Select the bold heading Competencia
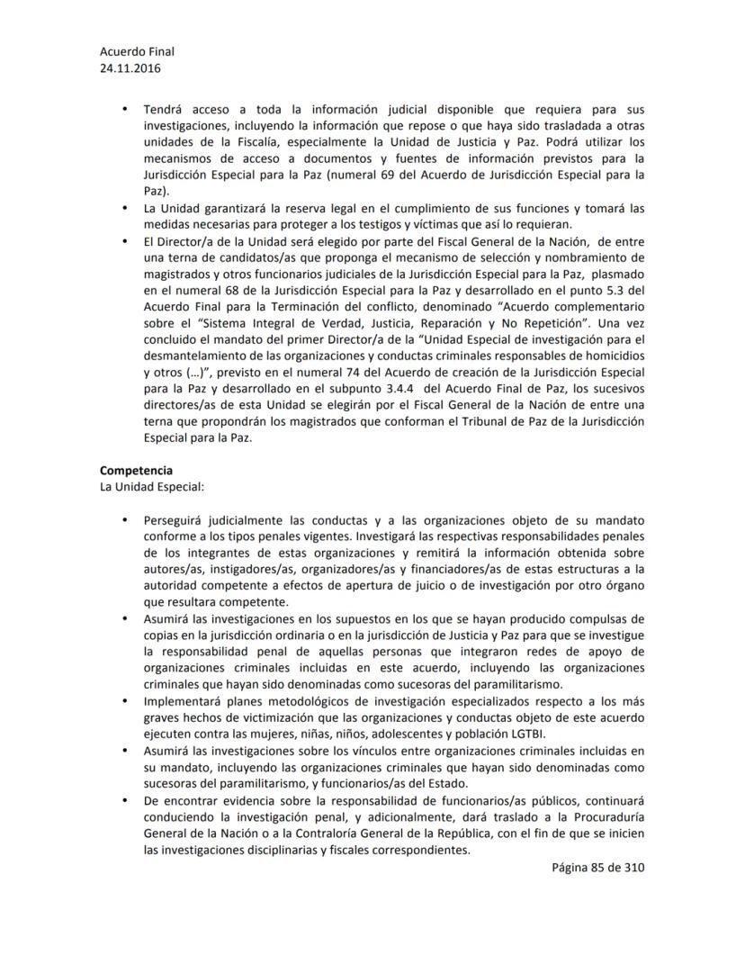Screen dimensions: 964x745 [x=137, y=470]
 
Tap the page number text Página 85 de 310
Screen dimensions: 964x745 [x=598, y=867]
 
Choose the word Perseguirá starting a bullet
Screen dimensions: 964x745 [x=178, y=519]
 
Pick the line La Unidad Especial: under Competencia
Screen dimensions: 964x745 [x=139, y=486]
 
